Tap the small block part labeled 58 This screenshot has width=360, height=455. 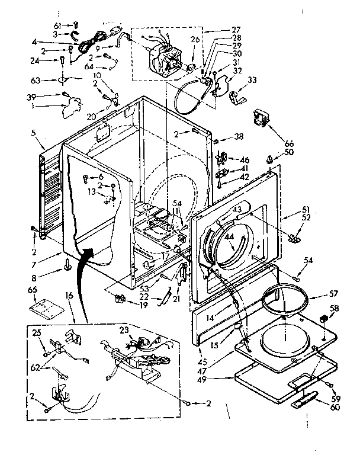(x=323, y=320)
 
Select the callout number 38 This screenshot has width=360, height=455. (x=239, y=136)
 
